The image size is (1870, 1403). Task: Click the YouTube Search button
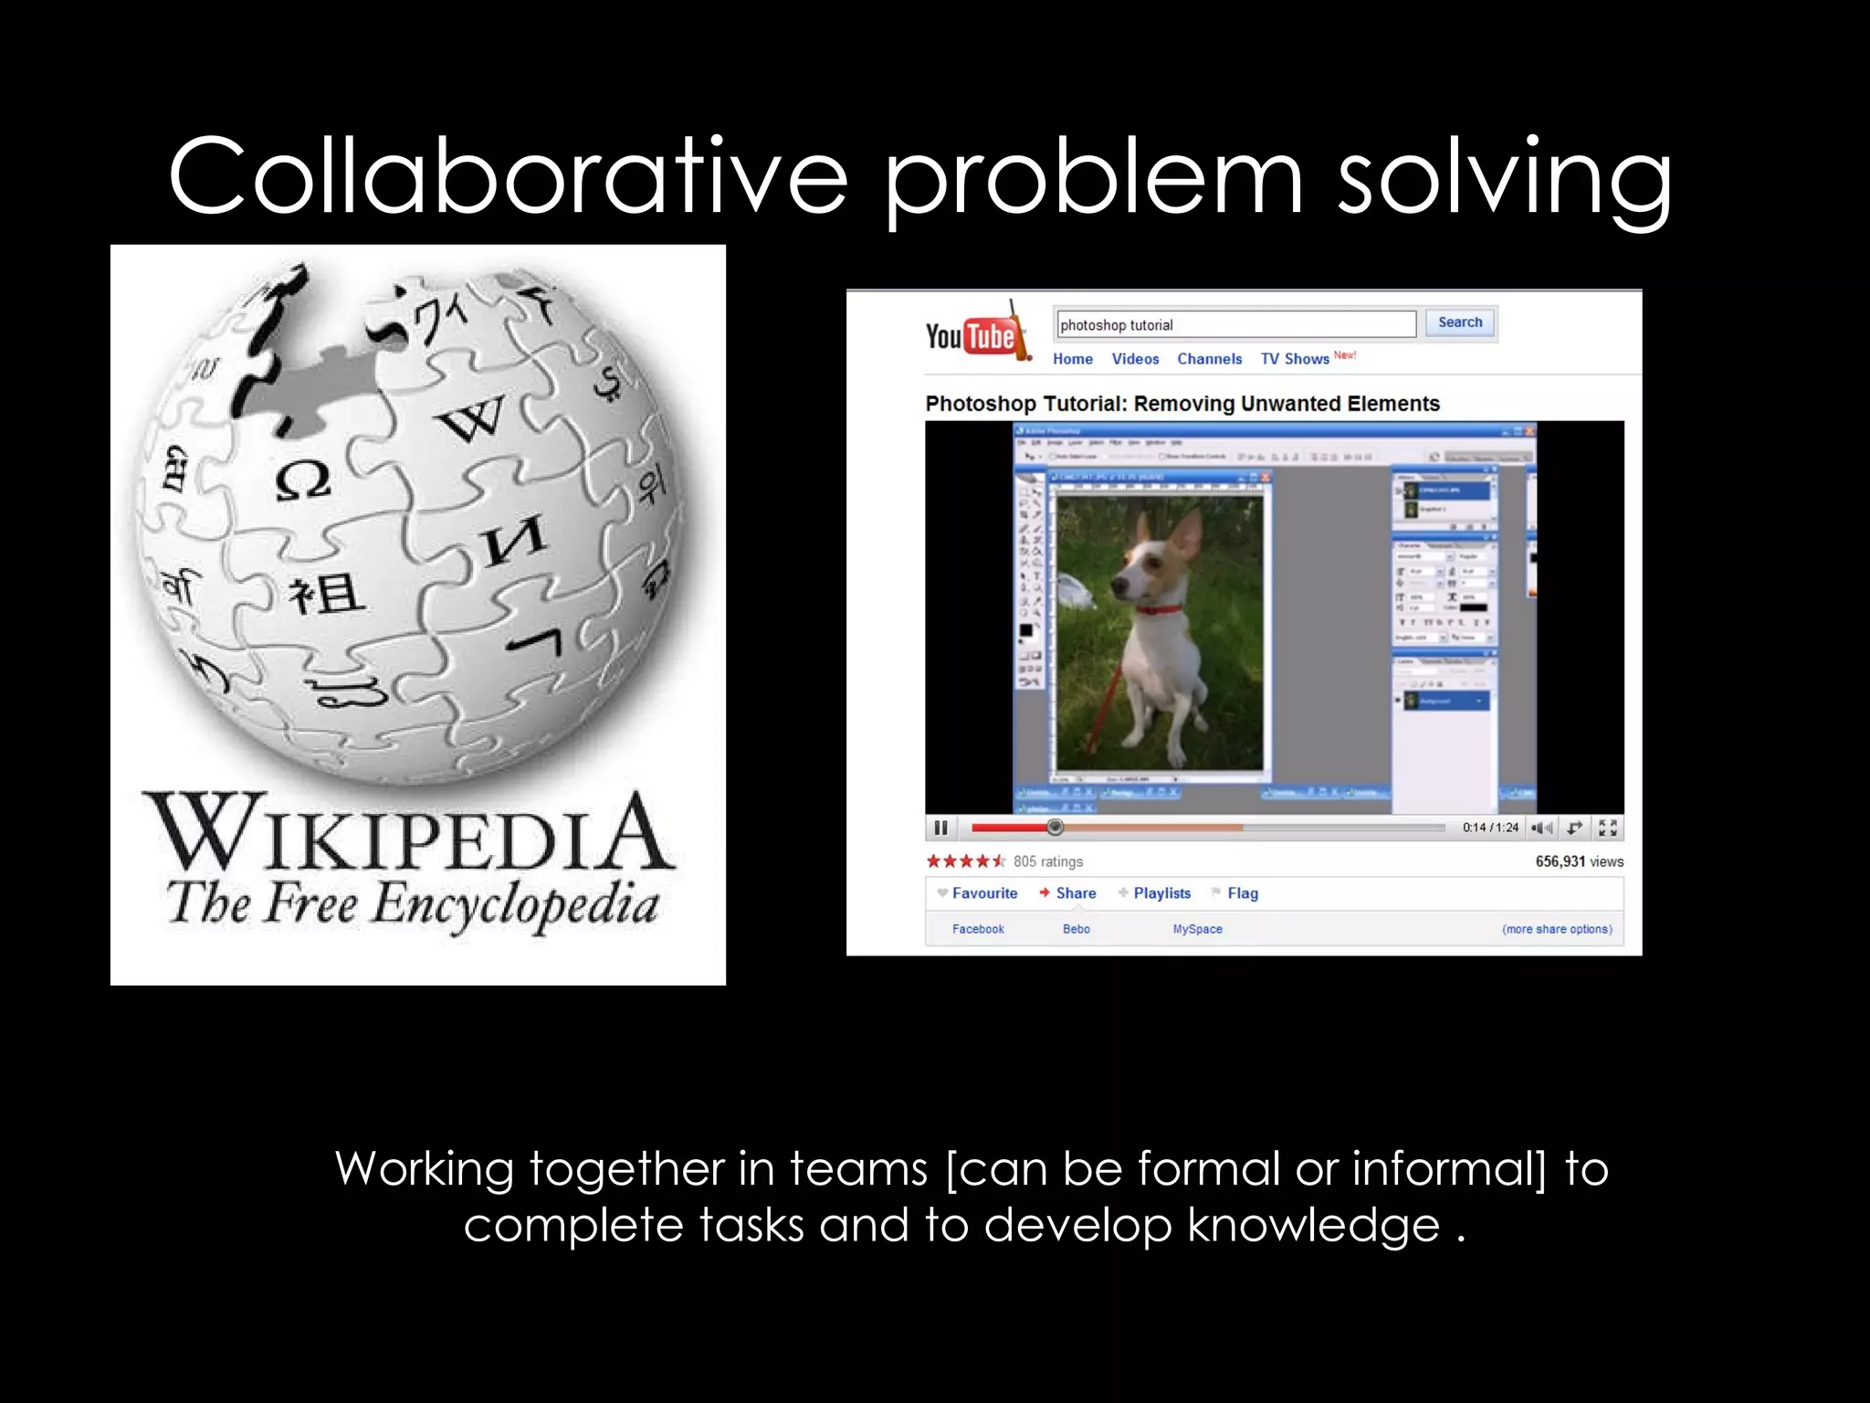1459,322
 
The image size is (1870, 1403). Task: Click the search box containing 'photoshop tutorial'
1235,324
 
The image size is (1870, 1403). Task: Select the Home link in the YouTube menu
1072,359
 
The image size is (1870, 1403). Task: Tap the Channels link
1209,359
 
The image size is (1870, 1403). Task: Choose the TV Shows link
1294,359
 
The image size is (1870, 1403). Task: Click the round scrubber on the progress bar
1055,828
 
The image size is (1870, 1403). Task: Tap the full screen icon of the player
1608,828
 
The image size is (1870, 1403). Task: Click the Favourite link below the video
983,893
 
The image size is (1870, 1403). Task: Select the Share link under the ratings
1075,893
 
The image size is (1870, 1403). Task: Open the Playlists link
1161,893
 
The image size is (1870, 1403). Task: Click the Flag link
1242,893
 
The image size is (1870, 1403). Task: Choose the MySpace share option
1197,929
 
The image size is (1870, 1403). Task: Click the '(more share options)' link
1557,929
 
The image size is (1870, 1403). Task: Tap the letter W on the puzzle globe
471,418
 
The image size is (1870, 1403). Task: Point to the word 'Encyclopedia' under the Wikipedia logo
516,905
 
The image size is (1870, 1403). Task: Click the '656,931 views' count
1579,861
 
